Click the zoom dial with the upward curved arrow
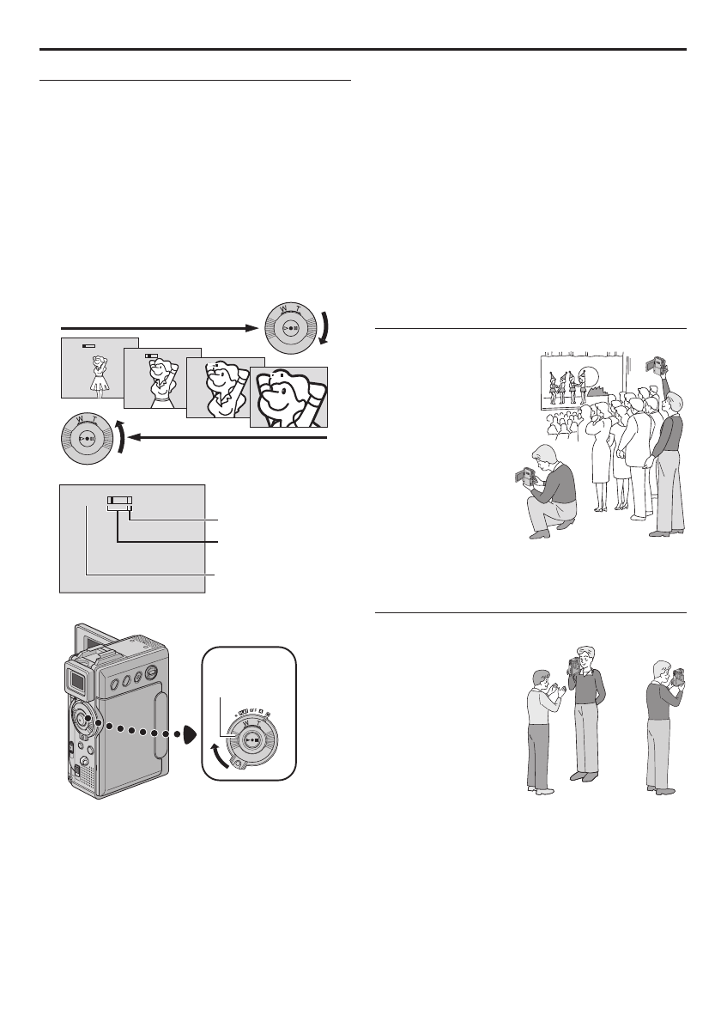click(86, 443)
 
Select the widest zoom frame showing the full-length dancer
click(99, 368)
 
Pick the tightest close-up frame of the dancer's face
click(288, 396)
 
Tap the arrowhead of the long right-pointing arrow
click(251, 327)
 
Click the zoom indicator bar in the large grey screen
click(120, 504)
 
